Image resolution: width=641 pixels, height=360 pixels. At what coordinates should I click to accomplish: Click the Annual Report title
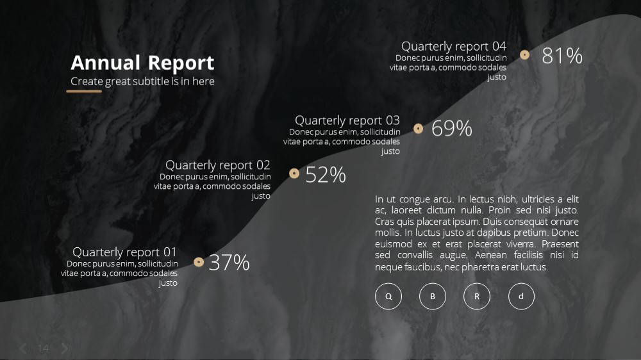pos(142,63)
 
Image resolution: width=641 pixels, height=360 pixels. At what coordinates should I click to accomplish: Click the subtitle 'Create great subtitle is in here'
pos(142,81)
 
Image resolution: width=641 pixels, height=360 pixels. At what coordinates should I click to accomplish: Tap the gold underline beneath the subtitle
pos(84,92)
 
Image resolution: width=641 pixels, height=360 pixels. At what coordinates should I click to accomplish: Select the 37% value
pos(229,263)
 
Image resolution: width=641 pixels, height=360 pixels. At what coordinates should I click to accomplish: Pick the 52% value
pos(326,174)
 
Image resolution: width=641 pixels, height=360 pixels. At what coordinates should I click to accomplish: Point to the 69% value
pos(452,128)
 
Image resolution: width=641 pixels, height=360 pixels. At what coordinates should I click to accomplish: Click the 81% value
pos(562,56)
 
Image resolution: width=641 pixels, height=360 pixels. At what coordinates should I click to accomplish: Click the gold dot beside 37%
pos(199,262)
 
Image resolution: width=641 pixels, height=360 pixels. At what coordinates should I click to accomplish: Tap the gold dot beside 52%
pos(294,173)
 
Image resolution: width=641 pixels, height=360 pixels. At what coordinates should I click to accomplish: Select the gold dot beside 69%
pos(418,129)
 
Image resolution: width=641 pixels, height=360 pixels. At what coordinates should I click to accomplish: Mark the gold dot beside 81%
pos(524,54)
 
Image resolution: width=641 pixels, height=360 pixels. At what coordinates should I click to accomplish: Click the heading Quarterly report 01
pos(124,252)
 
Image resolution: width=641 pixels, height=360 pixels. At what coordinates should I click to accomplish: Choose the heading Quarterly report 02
pos(218,165)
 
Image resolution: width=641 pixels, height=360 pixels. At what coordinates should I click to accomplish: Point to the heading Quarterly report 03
pos(347,120)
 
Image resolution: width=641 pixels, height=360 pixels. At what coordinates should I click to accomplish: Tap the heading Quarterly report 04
pos(454,46)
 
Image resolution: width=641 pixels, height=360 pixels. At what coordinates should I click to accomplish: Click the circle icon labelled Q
pos(388,296)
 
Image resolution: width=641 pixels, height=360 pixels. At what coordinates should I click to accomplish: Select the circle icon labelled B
pos(433,296)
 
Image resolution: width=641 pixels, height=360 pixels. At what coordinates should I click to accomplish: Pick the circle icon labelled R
pos(477,296)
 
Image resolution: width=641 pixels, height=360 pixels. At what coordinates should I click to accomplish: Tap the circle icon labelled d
pos(521,296)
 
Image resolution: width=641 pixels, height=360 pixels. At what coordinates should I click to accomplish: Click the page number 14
pos(44,348)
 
